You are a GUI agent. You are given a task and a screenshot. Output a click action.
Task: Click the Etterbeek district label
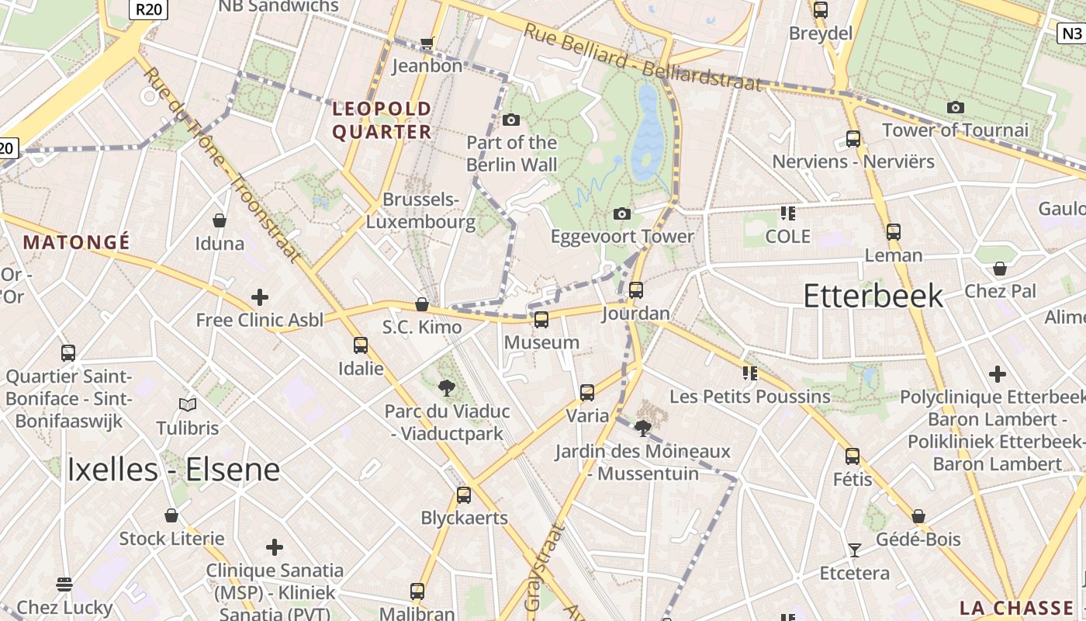coord(873,296)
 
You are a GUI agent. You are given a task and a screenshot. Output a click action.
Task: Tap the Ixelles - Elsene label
coord(173,469)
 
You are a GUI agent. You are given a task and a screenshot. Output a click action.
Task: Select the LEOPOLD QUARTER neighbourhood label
coord(382,120)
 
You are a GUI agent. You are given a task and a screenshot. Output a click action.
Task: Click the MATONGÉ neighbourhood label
coord(76,242)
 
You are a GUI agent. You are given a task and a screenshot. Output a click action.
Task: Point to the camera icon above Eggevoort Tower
coord(621,213)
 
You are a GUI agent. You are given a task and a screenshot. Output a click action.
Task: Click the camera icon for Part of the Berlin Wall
coord(510,120)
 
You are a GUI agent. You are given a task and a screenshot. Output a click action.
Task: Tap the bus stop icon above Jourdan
coord(636,290)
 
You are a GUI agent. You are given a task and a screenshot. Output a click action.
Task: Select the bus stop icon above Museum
coord(541,319)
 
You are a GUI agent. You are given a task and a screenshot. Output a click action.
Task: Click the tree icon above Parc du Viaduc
coord(446,387)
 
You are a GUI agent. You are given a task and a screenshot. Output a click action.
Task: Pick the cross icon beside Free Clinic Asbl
coord(260,297)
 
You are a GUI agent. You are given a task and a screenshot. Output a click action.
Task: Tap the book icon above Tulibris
coord(187,404)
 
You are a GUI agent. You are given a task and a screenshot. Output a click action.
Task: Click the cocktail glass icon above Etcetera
coord(855,550)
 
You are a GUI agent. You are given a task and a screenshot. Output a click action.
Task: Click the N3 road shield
coord(1071,33)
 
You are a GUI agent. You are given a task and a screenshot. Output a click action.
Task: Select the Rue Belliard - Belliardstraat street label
coord(642,57)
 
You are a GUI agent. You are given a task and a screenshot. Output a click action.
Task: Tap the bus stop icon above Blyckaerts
coord(464,494)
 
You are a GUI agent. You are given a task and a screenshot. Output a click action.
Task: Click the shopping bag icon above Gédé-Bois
coord(918,516)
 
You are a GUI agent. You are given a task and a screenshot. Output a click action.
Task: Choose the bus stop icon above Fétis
coord(853,456)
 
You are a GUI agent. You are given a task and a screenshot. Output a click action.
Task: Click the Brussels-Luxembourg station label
coord(420,210)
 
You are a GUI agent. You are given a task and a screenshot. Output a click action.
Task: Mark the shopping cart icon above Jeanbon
coord(426,43)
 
